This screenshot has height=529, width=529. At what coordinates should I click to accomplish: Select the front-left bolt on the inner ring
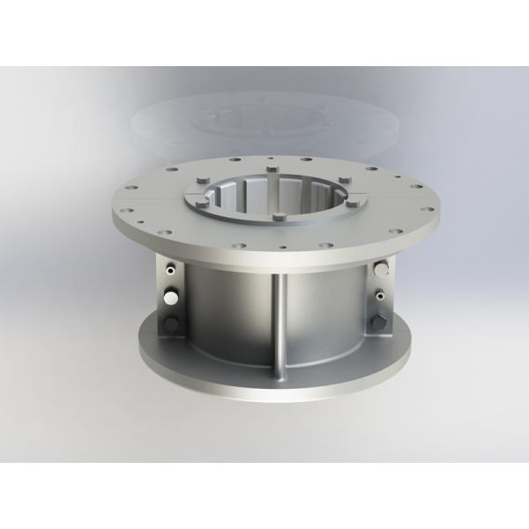[x=205, y=205]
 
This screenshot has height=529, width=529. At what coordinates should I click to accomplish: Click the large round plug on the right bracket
[x=381, y=268]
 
